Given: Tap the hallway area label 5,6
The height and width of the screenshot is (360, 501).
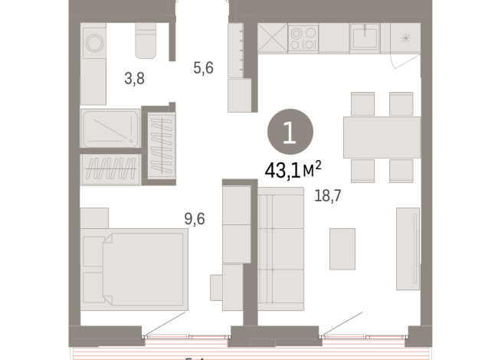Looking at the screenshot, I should [x=203, y=68].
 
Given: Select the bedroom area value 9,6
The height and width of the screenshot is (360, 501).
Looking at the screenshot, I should [x=195, y=219].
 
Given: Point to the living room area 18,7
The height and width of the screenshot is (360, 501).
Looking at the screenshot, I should [x=327, y=196].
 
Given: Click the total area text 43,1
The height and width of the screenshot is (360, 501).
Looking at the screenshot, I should [x=280, y=169].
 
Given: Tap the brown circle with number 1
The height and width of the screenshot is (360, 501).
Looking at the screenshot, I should [x=290, y=132].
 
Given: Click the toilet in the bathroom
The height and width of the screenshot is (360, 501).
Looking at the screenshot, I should [x=146, y=41].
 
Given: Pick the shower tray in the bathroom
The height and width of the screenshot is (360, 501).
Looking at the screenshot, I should [x=110, y=129].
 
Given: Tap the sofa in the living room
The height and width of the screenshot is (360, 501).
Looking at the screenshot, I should [x=279, y=251].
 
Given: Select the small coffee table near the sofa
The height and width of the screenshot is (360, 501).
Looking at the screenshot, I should [x=342, y=249].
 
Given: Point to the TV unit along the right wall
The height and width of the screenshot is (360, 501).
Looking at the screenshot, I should [x=408, y=248].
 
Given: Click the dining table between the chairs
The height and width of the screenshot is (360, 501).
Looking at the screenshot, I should [x=381, y=137].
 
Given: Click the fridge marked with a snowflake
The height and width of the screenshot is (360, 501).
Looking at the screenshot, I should [x=405, y=37].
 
